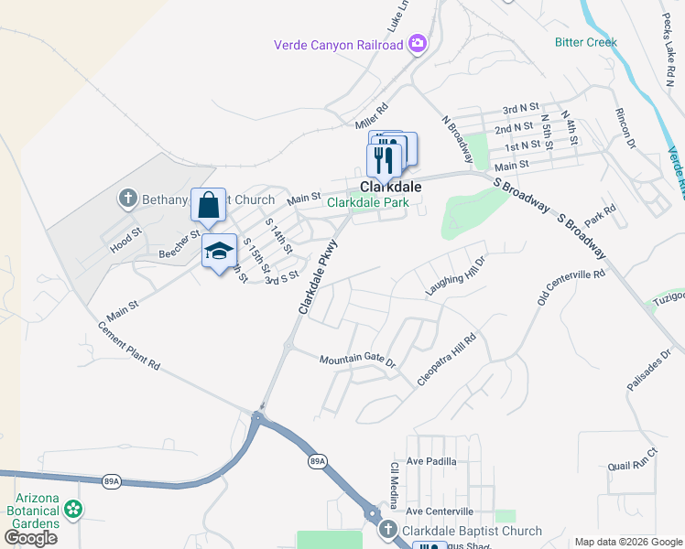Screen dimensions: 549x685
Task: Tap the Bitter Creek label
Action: (585, 42)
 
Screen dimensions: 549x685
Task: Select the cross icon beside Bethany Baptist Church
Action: (127, 198)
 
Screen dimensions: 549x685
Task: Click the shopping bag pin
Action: (208, 204)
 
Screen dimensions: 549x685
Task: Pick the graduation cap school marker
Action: (219, 251)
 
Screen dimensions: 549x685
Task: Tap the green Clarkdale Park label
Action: (368, 202)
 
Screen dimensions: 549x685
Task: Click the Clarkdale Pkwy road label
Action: (317, 277)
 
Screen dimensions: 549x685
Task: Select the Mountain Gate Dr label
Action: (356, 361)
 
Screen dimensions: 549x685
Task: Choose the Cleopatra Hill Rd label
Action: (447, 360)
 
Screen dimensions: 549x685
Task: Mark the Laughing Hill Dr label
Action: (454, 275)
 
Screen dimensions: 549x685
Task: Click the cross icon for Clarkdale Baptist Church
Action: (387, 531)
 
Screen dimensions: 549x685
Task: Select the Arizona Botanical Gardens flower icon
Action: (72, 509)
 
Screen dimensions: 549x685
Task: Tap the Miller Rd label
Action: (372, 116)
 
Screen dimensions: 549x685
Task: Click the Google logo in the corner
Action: (31, 538)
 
